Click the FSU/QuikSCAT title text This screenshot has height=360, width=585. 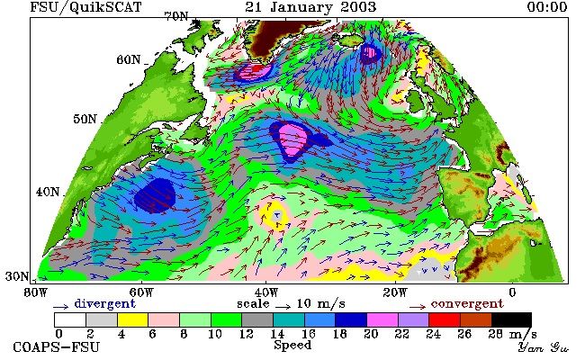(85, 7)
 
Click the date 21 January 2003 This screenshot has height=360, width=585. (310, 7)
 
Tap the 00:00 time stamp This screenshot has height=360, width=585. (547, 7)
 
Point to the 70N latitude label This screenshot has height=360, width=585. (176, 16)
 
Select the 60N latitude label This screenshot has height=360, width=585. (129, 59)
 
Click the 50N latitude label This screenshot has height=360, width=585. (85, 119)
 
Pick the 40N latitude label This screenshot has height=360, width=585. (48, 192)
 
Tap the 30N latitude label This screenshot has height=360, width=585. (17, 276)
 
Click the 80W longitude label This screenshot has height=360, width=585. (36, 292)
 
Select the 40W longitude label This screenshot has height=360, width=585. (266, 292)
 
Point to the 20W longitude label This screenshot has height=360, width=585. (395, 292)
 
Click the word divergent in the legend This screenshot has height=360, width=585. (104, 304)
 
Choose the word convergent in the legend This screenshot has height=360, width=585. (467, 304)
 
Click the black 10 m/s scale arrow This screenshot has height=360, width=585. (283, 307)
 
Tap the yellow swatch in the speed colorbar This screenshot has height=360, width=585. (133, 320)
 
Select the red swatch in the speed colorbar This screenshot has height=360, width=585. (445, 320)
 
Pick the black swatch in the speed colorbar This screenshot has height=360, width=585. (511, 320)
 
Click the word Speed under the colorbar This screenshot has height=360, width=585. (292, 345)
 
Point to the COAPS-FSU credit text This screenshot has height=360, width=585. (57, 346)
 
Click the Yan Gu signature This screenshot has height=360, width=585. (544, 347)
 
